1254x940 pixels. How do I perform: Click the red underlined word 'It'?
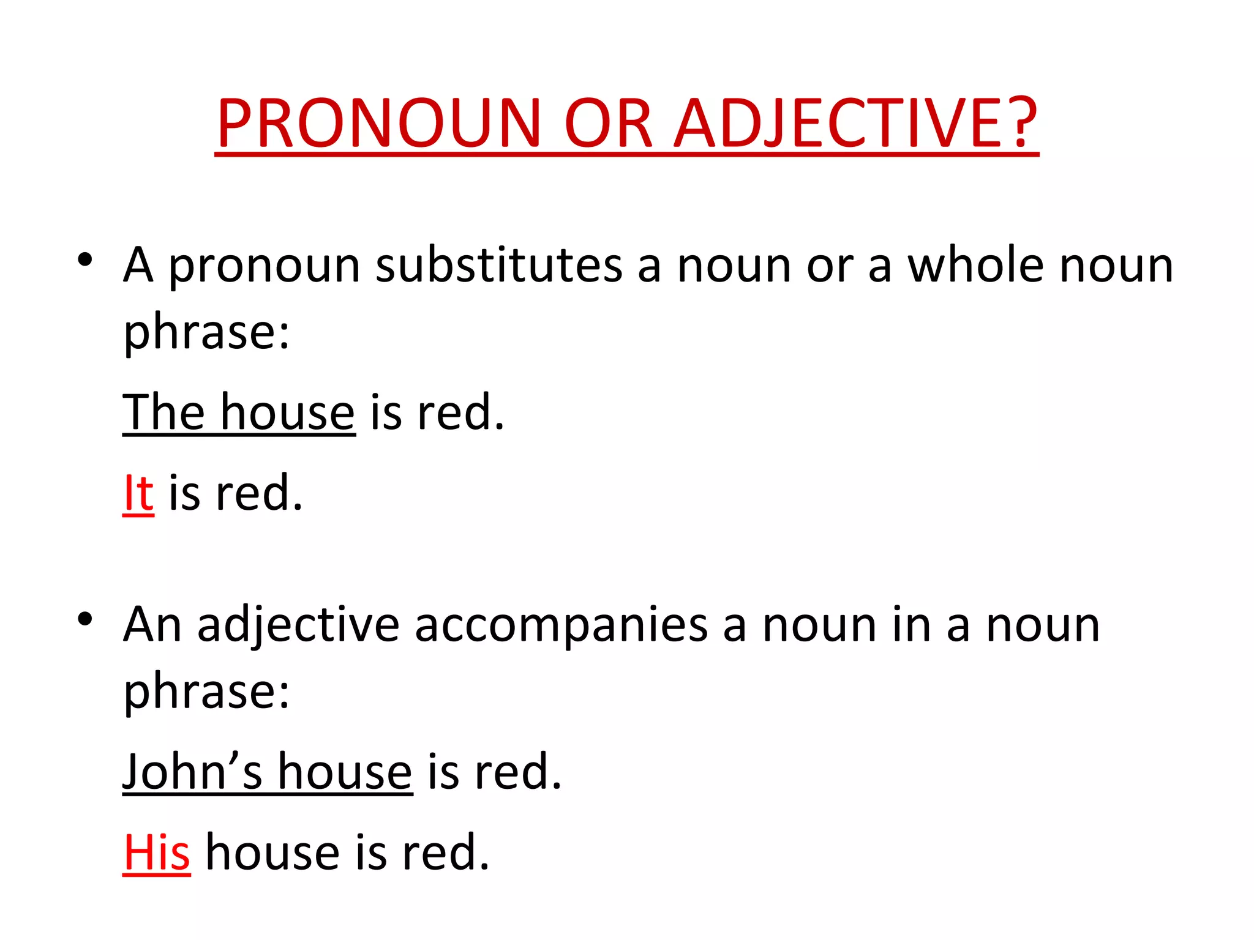(x=138, y=493)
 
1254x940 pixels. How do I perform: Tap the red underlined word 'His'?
(x=156, y=852)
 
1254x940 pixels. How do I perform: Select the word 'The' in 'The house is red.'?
(x=163, y=412)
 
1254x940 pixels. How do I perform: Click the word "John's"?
(x=192, y=772)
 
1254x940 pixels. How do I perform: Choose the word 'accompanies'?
(x=561, y=625)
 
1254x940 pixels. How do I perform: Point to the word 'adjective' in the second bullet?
(x=298, y=625)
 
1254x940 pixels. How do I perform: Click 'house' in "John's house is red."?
(x=345, y=772)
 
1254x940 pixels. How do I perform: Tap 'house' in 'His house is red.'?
(x=272, y=852)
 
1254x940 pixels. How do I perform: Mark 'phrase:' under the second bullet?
(x=206, y=692)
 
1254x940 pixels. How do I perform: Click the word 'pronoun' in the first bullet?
(x=264, y=268)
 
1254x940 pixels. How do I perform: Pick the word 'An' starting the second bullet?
(x=152, y=625)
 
